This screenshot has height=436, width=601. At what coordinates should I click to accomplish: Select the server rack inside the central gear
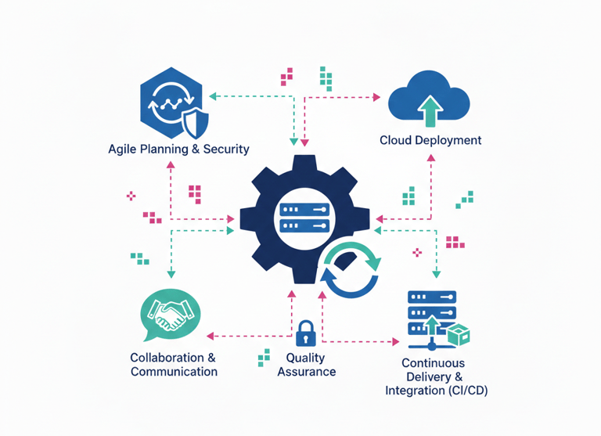[303, 218]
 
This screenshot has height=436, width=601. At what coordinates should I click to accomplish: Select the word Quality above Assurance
[305, 358]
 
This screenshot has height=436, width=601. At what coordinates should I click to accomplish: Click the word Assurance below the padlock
[307, 372]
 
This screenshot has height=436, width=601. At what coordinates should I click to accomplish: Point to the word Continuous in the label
[433, 363]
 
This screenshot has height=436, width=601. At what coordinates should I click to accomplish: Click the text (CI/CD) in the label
[463, 390]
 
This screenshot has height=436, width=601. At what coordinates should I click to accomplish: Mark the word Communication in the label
[174, 372]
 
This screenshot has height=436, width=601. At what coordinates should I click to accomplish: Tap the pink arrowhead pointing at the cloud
[376, 98]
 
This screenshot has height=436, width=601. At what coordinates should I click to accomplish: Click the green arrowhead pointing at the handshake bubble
[171, 274]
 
